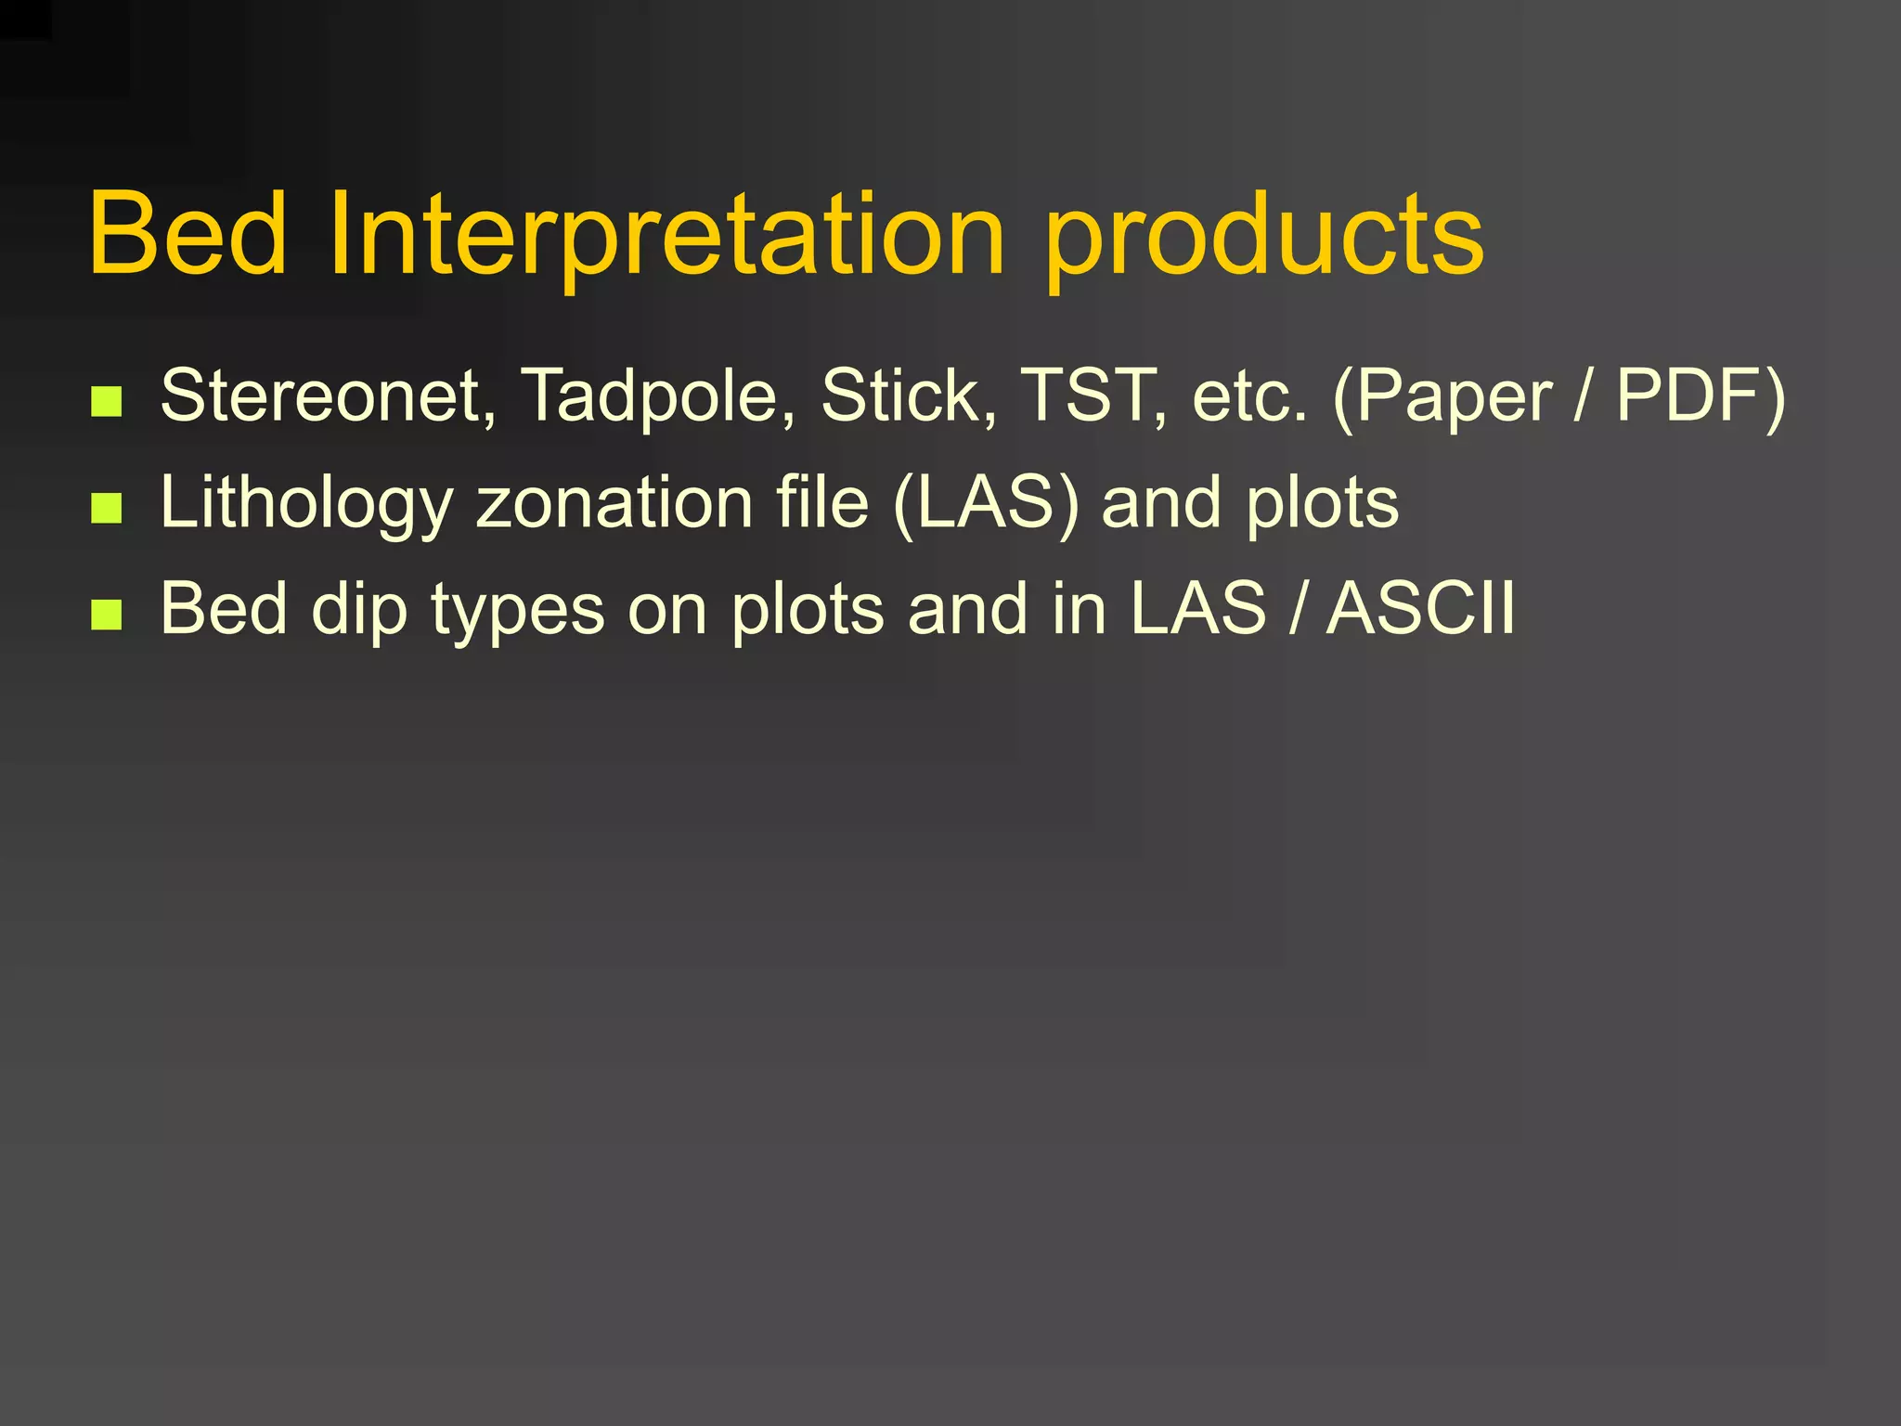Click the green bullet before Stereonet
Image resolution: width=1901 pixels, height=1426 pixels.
coord(107,401)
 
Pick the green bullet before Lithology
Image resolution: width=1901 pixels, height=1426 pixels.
coord(107,508)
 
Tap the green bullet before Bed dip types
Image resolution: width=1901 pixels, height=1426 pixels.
coord(107,614)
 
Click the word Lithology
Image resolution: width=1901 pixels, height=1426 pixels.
coord(306,503)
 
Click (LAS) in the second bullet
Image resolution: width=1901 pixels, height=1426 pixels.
coord(986,503)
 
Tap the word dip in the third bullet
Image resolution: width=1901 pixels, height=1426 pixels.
coord(359,609)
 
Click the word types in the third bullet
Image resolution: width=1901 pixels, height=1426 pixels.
coord(517,609)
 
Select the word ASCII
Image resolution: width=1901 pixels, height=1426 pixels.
coord(1420,609)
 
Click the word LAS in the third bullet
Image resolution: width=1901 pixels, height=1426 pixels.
coord(1197,609)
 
